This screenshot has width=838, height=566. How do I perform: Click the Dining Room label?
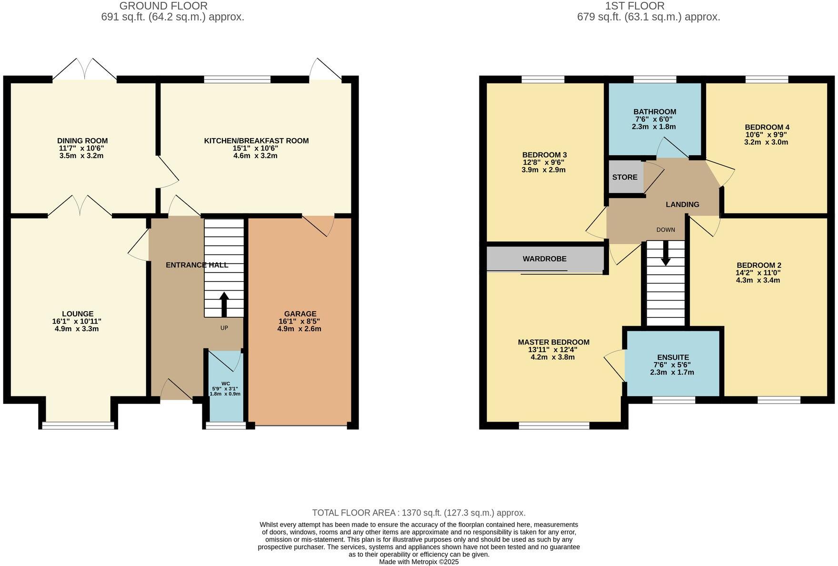point(82,141)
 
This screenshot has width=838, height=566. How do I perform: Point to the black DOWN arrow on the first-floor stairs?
point(665,253)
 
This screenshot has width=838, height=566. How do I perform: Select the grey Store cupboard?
point(625,177)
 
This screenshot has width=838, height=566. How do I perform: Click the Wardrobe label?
point(544,259)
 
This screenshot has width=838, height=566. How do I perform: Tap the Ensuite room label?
point(672,357)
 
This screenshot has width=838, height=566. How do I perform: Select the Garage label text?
point(300,313)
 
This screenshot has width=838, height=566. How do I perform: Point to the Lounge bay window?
point(79,425)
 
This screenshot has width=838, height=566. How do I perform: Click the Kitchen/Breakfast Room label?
point(256,141)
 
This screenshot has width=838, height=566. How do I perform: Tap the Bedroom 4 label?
point(767,127)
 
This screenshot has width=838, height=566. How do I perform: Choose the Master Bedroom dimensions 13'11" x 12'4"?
point(553,350)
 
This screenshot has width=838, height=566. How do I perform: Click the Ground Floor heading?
point(163,6)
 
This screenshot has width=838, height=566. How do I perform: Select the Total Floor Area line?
point(419,513)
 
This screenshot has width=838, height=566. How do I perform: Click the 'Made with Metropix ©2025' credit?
point(419,562)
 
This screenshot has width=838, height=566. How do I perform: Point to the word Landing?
point(682,204)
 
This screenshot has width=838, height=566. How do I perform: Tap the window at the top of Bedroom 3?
point(543,79)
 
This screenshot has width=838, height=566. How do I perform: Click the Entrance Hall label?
point(197,265)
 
